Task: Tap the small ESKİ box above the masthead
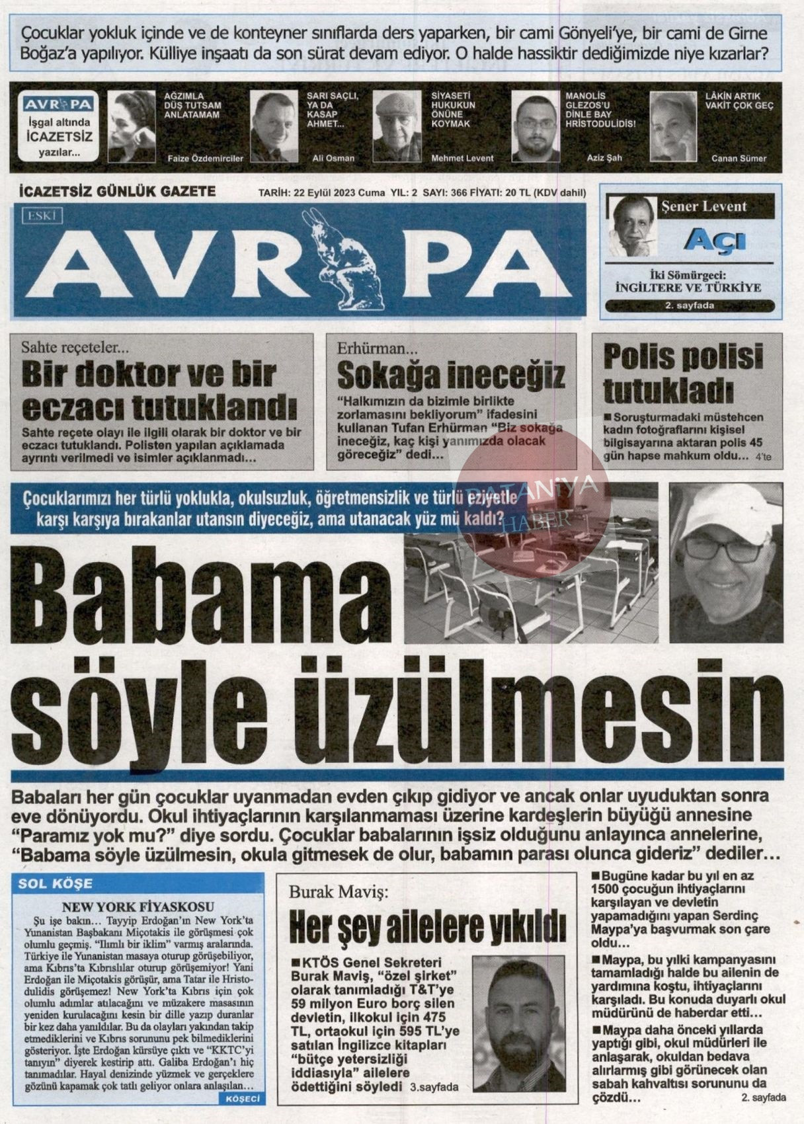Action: pos(42,215)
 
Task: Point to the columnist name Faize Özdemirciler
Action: pos(205,159)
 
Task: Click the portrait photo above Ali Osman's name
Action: pos(274,126)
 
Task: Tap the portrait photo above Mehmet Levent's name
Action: pos(397,126)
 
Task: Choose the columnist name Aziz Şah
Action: pos(604,159)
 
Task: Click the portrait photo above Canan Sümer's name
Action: pos(673,126)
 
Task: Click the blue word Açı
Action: pos(715,240)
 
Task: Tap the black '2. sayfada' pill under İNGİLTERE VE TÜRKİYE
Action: pos(690,305)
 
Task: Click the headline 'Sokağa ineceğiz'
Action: pos(451,376)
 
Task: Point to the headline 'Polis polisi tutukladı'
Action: pos(683,374)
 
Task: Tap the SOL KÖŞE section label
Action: pos(56,883)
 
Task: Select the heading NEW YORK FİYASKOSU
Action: pos(138,907)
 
